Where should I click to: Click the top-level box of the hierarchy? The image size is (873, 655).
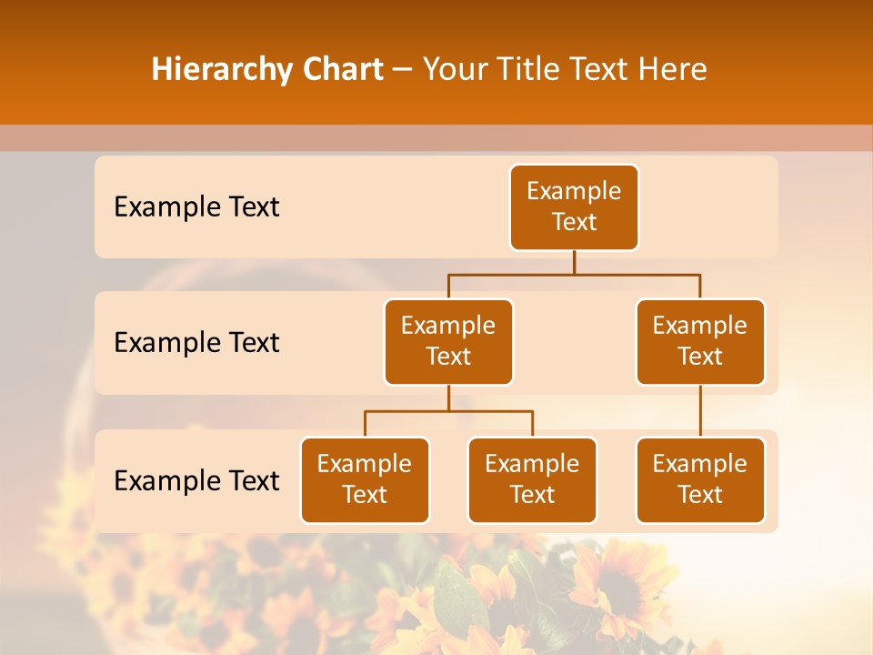point(574,207)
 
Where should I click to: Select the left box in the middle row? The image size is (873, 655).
point(448,342)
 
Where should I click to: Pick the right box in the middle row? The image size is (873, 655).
point(700,342)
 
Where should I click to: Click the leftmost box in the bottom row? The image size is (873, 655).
point(365,480)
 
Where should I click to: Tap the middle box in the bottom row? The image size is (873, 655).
point(532,480)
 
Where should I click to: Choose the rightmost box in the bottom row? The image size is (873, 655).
point(700,480)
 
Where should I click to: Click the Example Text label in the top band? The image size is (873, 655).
point(196,207)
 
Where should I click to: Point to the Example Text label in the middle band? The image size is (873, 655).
point(196,343)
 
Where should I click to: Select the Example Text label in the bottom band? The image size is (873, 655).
point(196,480)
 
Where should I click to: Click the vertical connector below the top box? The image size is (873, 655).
point(574,262)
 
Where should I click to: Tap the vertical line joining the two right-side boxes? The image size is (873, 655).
point(700,411)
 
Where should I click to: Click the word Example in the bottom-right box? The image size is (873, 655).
point(700,465)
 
